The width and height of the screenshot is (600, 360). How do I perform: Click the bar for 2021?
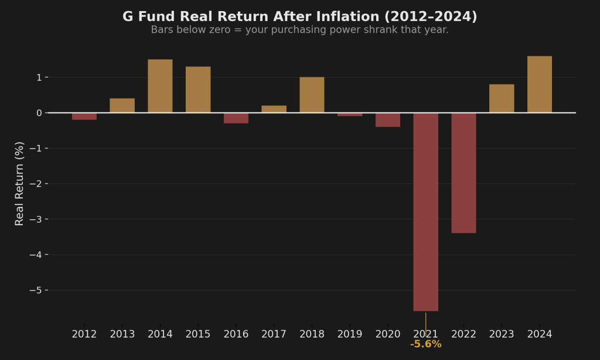425,211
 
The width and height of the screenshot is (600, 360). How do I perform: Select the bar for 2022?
463,172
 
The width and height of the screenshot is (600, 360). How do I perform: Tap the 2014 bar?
160,86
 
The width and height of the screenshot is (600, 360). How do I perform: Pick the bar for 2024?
539,84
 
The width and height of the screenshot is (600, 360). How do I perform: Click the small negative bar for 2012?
84,116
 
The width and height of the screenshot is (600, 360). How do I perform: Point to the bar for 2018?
312,94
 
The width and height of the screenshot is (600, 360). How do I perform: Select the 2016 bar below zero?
236,118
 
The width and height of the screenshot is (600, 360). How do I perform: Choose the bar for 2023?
502,98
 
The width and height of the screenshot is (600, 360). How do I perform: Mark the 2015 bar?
198,89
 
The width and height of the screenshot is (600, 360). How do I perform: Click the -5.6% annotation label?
425,344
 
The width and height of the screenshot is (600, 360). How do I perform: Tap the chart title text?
299,17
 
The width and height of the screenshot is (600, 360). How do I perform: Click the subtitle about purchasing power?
299,30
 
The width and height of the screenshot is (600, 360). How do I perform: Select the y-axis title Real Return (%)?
20,184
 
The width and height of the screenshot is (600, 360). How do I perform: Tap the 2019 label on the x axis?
350,334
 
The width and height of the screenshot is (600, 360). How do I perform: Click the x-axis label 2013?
122,334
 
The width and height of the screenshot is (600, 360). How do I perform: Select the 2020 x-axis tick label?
388,334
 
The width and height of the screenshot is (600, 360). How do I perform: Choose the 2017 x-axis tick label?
274,334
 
